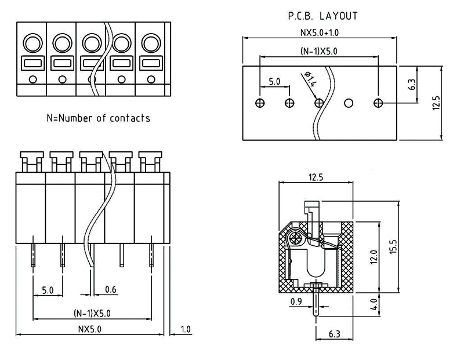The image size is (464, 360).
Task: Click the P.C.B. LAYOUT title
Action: click(322, 16)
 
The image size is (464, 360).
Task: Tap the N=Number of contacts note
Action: click(98, 118)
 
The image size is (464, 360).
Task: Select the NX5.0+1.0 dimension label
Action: click(318, 32)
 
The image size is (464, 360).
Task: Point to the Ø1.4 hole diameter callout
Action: click(310, 79)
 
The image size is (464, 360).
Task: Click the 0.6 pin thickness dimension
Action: click(111, 289)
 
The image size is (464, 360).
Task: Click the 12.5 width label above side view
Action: click(316, 177)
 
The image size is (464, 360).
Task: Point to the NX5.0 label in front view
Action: click(92, 329)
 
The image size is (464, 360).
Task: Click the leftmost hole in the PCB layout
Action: click(259, 103)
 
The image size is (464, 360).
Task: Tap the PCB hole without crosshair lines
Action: click(349, 103)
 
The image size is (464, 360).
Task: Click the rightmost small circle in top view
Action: click(151, 79)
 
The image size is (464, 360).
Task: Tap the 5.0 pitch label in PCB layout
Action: click(274, 82)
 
